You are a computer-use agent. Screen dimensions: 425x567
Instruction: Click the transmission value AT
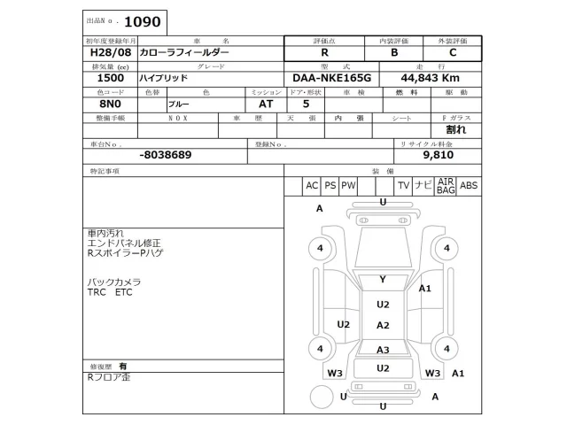266,104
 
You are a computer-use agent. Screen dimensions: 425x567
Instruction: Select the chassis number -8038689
165,154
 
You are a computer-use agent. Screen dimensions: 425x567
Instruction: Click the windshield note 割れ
455,129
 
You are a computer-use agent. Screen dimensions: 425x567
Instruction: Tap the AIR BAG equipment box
446,185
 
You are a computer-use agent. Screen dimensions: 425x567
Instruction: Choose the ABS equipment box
469,185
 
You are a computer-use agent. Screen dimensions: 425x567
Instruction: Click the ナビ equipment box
423,185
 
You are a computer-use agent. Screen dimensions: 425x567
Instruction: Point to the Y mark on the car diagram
383,279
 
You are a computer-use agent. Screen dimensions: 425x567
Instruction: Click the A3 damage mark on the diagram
383,350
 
